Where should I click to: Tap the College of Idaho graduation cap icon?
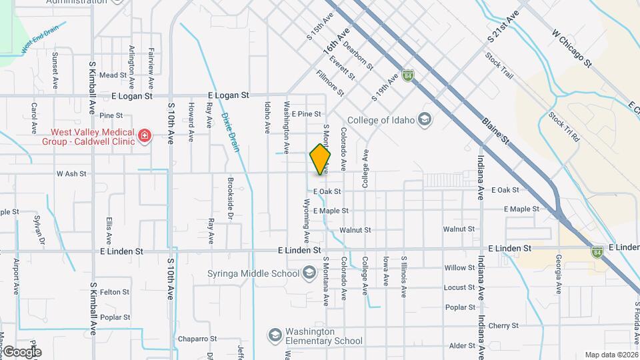[425, 120]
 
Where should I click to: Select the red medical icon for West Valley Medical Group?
[143, 137]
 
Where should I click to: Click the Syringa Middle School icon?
[309, 273]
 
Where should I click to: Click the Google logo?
[22, 352]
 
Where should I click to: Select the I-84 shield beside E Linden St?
[597, 252]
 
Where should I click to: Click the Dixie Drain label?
[230, 131]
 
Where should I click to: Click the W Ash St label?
[72, 173]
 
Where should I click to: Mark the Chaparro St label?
[193, 339]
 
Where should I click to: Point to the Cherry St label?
[503, 326]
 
